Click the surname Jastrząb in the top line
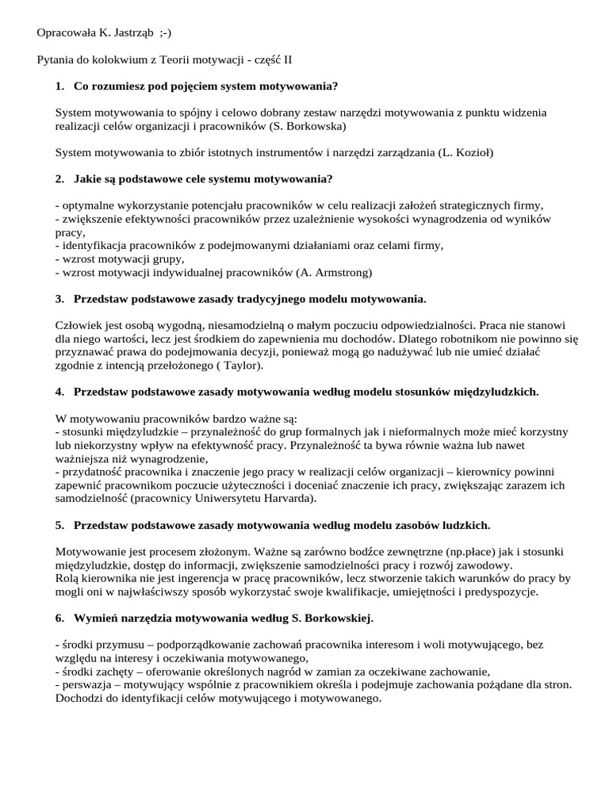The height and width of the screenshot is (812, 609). click(128, 33)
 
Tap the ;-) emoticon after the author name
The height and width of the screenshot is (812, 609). click(164, 33)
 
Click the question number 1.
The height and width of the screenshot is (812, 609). click(59, 86)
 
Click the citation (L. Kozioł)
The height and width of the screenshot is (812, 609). click(465, 152)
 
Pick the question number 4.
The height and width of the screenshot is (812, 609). click(59, 392)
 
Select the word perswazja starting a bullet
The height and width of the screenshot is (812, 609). click(85, 684)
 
